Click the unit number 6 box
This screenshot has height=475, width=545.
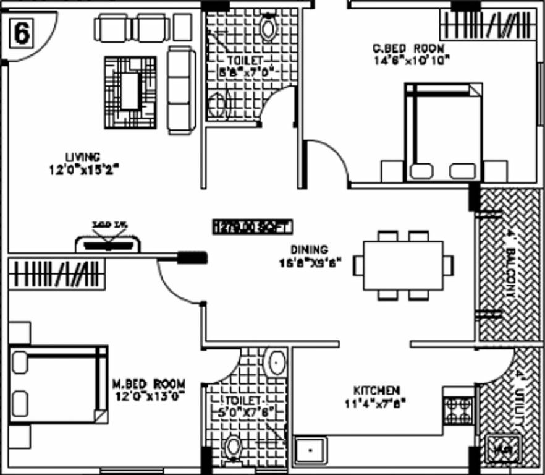click(x=21, y=33)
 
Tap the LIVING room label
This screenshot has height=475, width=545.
click(x=83, y=157)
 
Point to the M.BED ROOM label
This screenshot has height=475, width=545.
click(x=148, y=383)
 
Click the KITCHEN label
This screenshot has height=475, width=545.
click(x=376, y=390)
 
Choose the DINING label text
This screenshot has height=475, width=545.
click(x=310, y=250)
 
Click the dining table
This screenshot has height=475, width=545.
click(x=403, y=265)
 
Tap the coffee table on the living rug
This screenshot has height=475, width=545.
click(x=130, y=92)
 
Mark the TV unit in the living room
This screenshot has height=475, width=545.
click(x=108, y=244)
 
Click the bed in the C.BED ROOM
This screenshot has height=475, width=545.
click(x=442, y=132)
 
